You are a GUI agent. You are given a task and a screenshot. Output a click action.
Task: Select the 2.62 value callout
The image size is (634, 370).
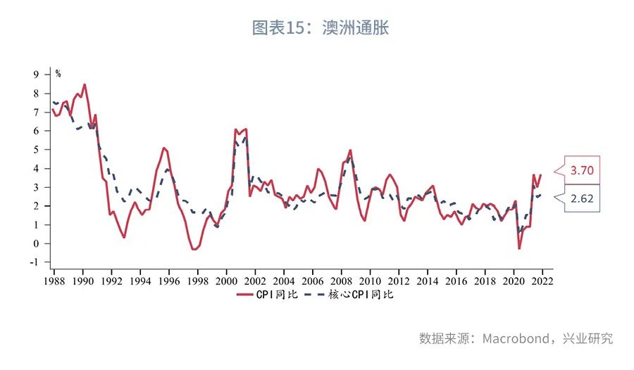pyautogui.click(x=581, y=198)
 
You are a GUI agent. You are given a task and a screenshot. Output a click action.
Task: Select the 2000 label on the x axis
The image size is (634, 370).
pyautogui.click(x=226, y=279)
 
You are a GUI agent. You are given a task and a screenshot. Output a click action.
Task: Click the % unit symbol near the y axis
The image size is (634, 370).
pyautogui.click(x=58, y=74)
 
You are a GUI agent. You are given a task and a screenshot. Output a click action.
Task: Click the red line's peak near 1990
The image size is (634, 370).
pyautogui.click(x=85, y=85)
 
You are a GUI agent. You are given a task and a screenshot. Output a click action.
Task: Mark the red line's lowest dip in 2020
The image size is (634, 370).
pyautogui.click(x=519, y=248)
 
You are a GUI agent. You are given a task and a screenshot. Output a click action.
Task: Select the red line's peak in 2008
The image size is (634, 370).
pyautogui.click(x=350, y=150)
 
